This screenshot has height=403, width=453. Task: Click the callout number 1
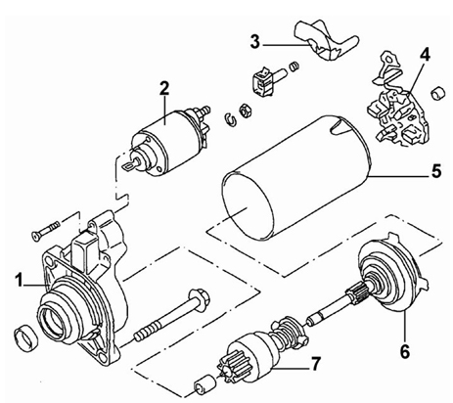(20, 281)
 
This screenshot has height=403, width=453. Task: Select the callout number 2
(164, 88)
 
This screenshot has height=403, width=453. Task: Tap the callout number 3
(255, 42)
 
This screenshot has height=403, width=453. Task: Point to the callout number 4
(425, 56)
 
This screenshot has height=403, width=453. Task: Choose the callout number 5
(436, 171)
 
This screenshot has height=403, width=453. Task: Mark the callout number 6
(404, 351)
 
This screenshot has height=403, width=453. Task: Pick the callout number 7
(315, 364)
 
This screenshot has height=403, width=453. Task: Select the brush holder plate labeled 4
(398, 111)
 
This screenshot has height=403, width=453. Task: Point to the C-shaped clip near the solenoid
(230, 118)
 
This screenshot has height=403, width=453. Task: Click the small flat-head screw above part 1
(45, 230)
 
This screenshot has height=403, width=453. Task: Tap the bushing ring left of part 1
(26, 337)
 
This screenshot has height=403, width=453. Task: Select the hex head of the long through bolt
(200, 298)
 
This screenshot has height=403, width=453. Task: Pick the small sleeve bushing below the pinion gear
(204, 383)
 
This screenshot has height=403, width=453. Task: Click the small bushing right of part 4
(438, 94)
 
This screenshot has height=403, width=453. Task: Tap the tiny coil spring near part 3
(294, 67)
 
